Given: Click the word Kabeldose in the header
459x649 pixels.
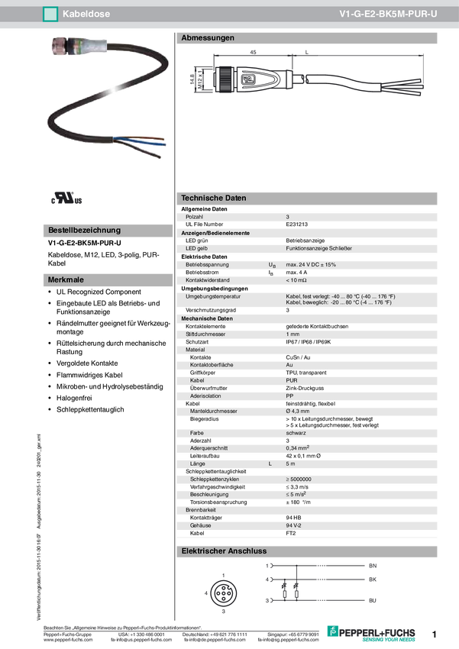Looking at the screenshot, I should pos(86,14).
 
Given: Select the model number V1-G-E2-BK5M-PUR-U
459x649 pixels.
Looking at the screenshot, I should pos(388,14).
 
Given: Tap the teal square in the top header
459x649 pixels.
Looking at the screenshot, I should pos(50,14).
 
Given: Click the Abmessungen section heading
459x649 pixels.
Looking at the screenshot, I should pos(207,37).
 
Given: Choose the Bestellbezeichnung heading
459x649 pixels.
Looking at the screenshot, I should pos(84,230).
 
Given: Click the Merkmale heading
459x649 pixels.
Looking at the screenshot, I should pos(66,280).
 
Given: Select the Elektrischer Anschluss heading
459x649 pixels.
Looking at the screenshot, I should pos(223,551).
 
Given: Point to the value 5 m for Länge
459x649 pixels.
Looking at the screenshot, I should pos(290,463).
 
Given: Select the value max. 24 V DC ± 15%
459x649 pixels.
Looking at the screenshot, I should pos(311,264).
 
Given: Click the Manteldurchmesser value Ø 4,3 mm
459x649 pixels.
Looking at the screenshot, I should pos(298,412).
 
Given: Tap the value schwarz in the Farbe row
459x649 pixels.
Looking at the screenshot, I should pos(296,433).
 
